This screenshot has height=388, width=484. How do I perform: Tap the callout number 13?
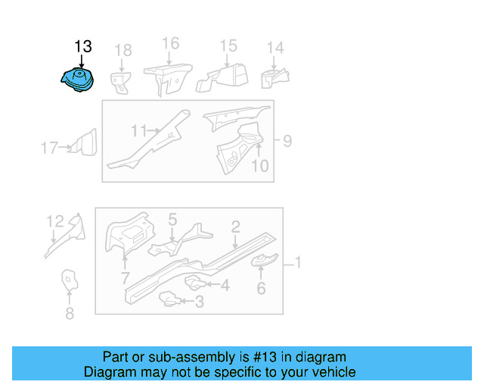point(83,47)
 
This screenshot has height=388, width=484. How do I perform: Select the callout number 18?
point(123,50)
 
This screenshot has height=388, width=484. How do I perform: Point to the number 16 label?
point(171,43)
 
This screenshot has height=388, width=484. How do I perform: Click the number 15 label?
point(228,46)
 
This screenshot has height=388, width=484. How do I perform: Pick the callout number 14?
point(275,48)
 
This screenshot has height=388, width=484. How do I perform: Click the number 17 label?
point(49,148)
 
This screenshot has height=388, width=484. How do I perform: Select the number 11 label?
point(138,131)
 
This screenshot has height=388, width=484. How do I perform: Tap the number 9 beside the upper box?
point(287,140)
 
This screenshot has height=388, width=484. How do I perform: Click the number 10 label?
point(259,165)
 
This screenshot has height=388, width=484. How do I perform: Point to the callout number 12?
point(55,221)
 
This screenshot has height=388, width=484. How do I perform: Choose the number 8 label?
point(70,313)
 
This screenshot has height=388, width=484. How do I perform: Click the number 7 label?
point(125,278)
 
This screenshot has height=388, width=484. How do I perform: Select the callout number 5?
point(172,219)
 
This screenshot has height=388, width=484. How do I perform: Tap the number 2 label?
point(236,226)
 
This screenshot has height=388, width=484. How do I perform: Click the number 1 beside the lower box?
point(297,262)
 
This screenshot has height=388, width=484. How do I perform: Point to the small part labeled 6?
point(265,262)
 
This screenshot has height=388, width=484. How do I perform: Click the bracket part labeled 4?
point(196,283)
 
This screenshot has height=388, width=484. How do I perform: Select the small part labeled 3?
point(171,300)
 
